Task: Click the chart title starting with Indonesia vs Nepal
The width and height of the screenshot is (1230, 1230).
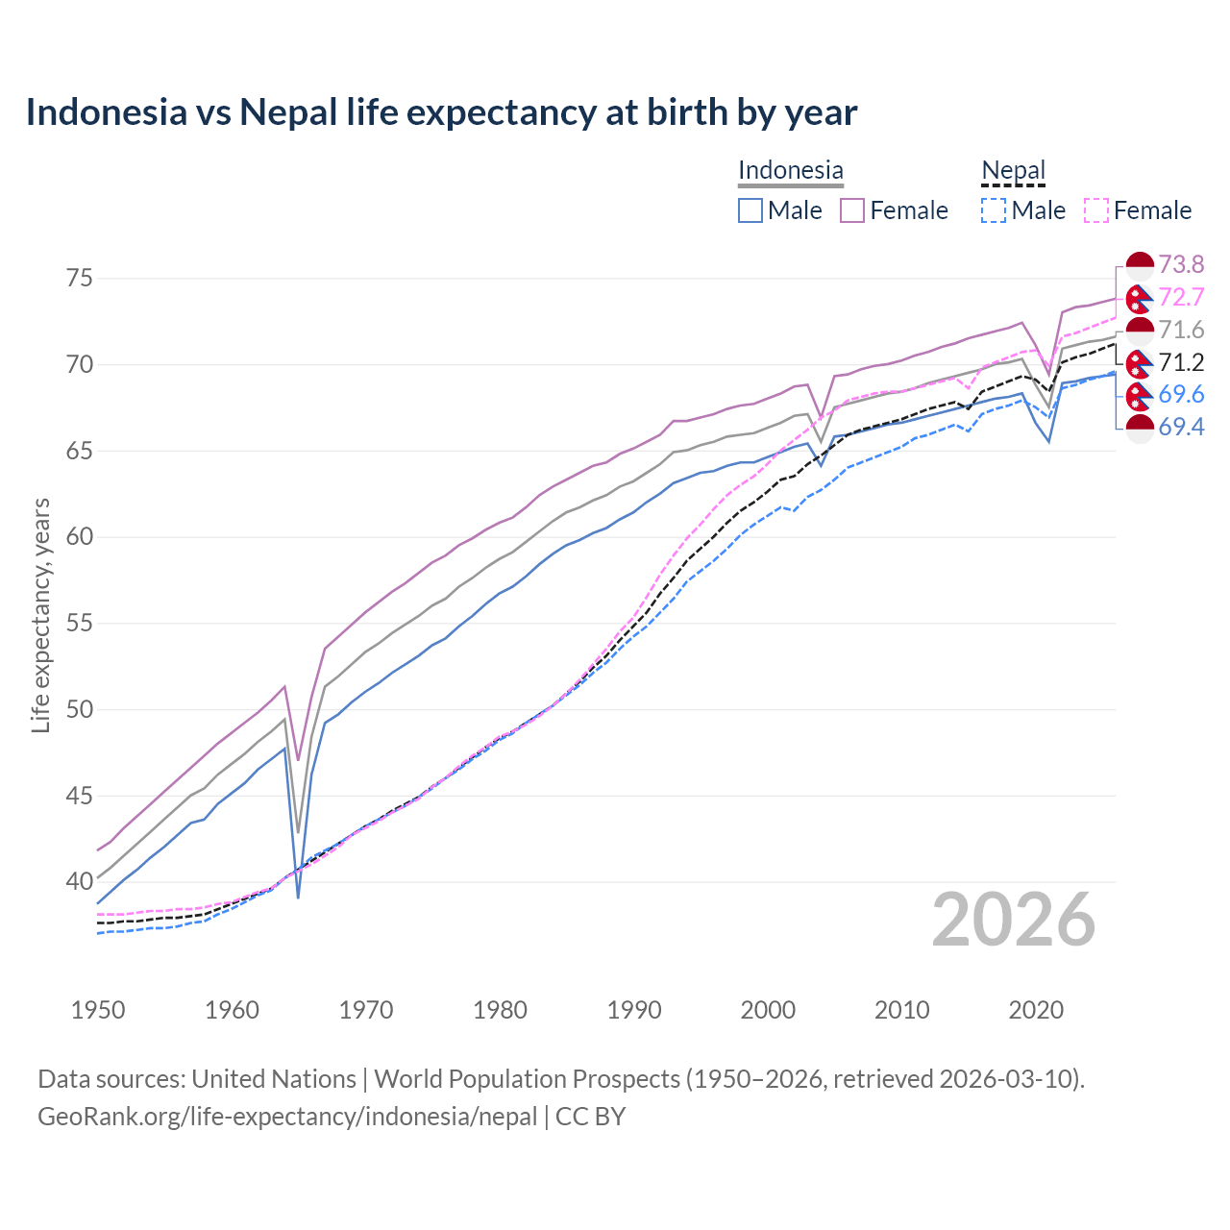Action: [x=441, y=112]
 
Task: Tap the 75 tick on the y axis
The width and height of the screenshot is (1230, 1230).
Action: [x=79, y=279]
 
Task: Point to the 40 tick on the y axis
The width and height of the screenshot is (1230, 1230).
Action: [x=79, y=881]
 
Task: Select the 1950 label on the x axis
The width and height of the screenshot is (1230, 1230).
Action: [x=98, y=1010]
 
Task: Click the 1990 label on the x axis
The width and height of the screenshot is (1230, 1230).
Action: [x=634, y=1010]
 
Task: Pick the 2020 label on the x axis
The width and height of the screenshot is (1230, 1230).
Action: [x=1036, y=1010]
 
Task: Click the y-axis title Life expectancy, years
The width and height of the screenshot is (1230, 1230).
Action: [x=41, y=615]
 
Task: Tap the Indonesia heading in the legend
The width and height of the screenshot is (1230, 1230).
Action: [x=790, y=170]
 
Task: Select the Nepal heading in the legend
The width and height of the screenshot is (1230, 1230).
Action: [x=1013, y=170]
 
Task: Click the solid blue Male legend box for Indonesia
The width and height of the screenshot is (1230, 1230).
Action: [x=750, y=210]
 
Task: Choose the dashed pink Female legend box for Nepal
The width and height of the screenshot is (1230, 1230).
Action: [x=1096, y=210]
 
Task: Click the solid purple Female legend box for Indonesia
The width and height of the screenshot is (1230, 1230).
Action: [x=852, y=210]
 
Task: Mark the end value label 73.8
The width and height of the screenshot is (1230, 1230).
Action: [x=1181, y=264]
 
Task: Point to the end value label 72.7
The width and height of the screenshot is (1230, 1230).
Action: [x=1181, y=297]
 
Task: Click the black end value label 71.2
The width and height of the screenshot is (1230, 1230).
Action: [x=1181, y=362]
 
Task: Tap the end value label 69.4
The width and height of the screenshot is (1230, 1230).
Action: [x=1181, y=427]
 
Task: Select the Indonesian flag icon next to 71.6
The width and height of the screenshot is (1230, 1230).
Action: [x=1139, y=331]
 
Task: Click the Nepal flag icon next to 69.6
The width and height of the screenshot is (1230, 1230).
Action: [x=1139, y=395]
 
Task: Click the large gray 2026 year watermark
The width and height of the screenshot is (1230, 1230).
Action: [x=1013, y=921]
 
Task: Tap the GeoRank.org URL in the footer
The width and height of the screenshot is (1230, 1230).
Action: [x=287, y=1117]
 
